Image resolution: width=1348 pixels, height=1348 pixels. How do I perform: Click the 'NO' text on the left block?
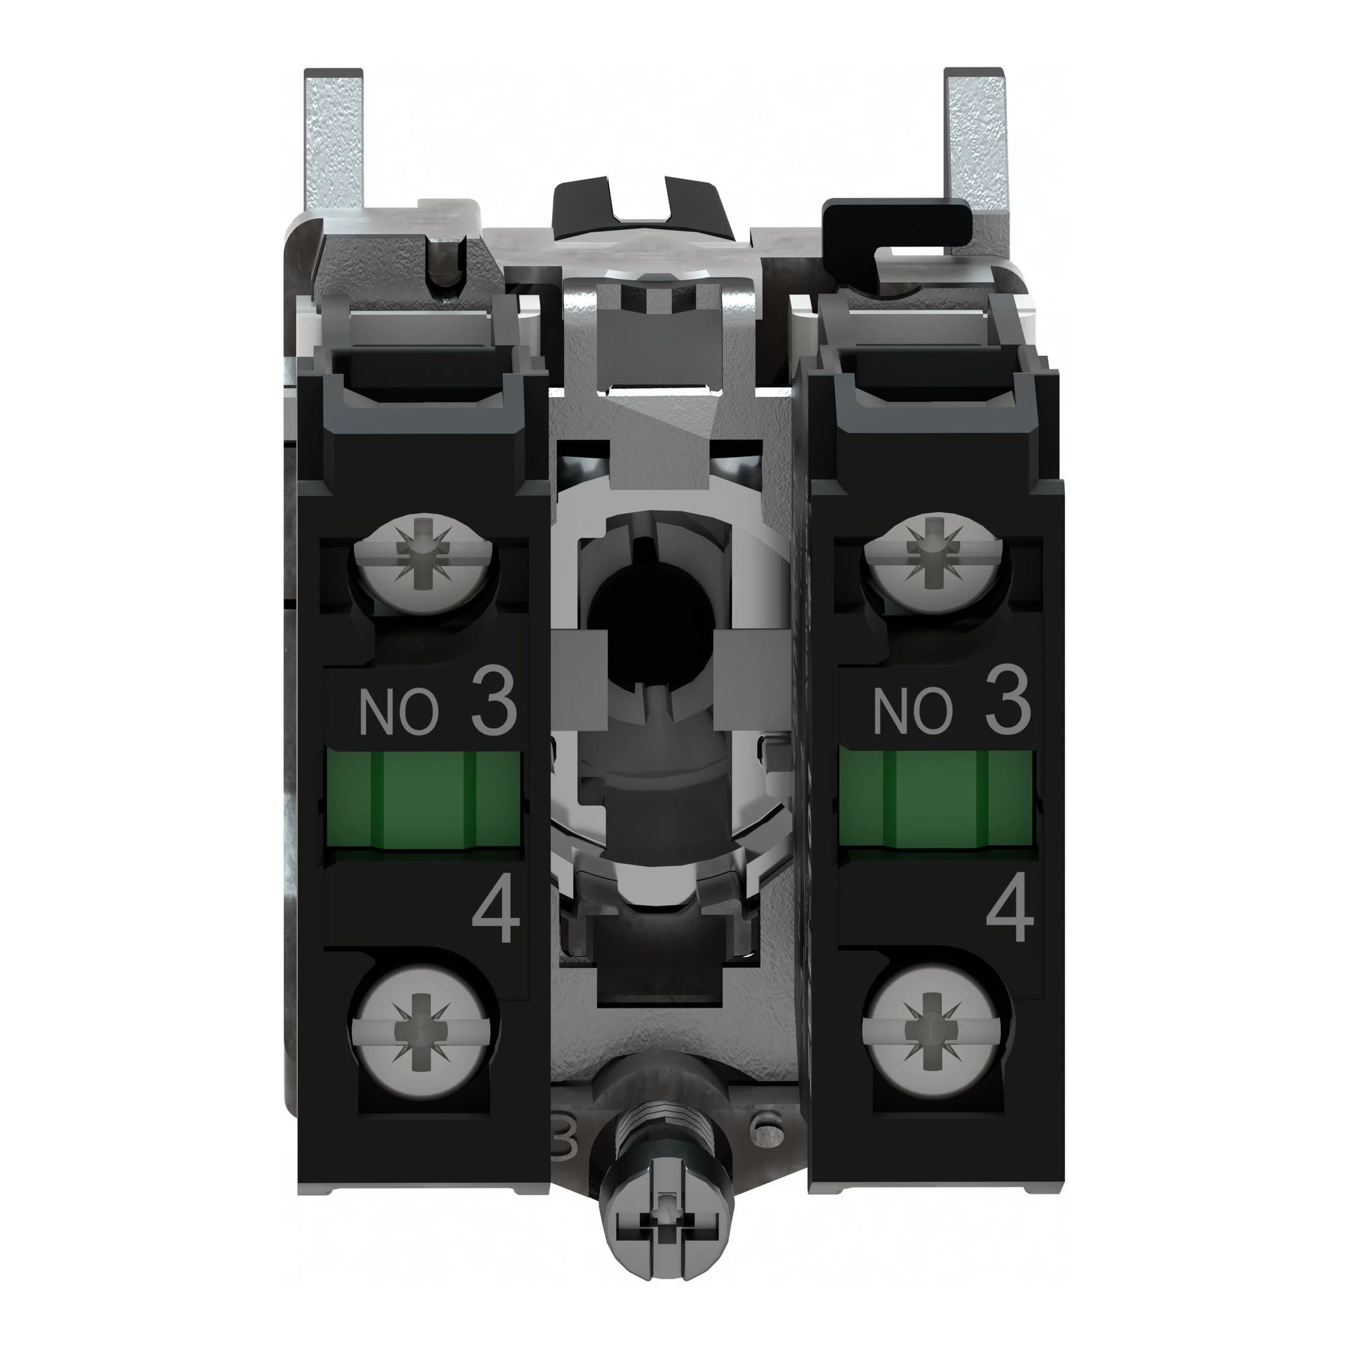pyautogui.click(x=398, y=713)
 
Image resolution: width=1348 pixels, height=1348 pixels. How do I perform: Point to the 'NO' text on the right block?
pyautogui.click(x=912, y=713)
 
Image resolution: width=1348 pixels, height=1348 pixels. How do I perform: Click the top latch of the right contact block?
pyautogui.click(x=935, y=363)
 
